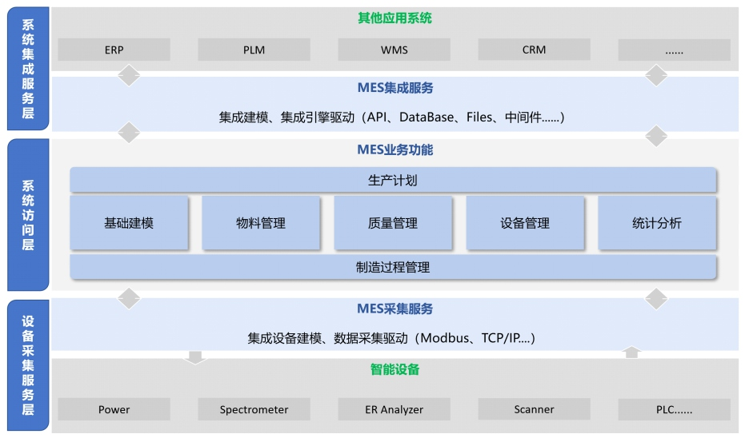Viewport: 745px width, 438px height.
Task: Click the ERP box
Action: [114, 50]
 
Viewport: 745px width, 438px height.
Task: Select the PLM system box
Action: [254, 50]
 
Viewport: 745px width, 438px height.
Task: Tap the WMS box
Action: [394, 50]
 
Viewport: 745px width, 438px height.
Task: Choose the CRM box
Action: [534, 50]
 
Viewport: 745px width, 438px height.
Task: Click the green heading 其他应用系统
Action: [395, 18]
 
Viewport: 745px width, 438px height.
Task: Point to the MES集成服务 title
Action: [395, 88]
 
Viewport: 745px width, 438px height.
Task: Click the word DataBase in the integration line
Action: [427, 117]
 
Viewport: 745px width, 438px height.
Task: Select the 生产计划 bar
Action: [393, 180]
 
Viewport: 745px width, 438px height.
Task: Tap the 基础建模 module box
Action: [129, 223]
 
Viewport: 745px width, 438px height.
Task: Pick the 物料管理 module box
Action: [261, 223]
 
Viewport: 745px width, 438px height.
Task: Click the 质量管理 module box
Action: [393, 223]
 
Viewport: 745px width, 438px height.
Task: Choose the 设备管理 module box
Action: [525, 223]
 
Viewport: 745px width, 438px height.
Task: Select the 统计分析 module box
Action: [657, 223]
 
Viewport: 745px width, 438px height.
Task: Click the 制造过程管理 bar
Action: [393, 267]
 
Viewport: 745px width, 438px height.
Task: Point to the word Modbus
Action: [445, 338]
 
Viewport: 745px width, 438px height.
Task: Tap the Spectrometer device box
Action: [254, 409]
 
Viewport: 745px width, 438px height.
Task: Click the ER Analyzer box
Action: [394, 409]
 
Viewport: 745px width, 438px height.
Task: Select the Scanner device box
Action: [534, 409]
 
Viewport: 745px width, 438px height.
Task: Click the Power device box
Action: [114, 409]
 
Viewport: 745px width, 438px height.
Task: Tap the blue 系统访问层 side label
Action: [28, 214]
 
